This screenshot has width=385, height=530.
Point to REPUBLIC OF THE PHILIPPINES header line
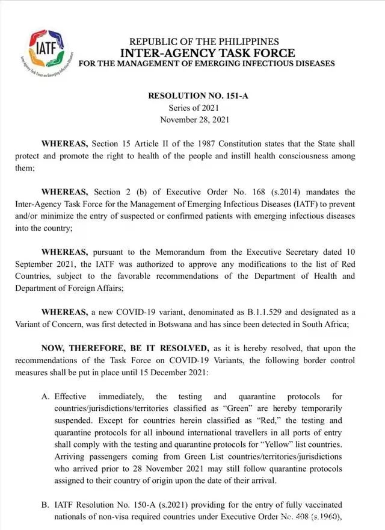click(204, 42)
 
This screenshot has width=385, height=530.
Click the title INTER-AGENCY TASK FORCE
click(204, 52)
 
